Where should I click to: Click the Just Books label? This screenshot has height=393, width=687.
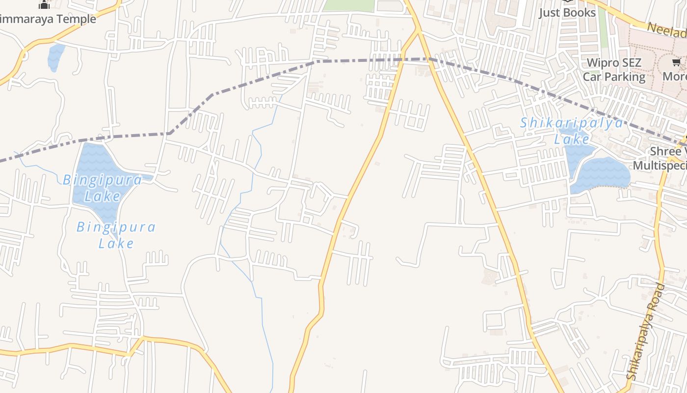click(567, 12)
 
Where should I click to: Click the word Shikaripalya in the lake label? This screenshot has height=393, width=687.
click(571, 123)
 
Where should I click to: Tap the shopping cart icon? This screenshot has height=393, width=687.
click(676, 62)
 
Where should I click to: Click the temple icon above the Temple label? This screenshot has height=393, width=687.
click(45, 5)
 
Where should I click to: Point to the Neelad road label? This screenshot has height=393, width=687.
click(666, 30)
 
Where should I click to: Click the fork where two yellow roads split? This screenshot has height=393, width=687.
click(418, 30)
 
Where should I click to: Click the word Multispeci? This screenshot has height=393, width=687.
click(660, 165)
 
